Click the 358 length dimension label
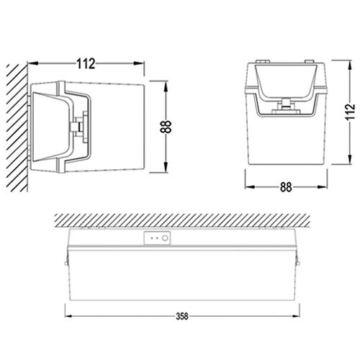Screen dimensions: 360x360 tap(182, 317)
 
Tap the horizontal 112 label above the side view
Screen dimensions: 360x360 tap(86, 64)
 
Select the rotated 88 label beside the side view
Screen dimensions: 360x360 tap(166, 127)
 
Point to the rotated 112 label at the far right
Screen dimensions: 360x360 tap(351, 112)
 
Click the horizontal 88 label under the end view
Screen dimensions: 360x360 tap(286, 187)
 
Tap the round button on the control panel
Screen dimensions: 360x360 tap(165, 238)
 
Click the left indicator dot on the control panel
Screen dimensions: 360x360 tap(151, 238)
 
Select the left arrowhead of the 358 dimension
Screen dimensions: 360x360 tap(68, 317)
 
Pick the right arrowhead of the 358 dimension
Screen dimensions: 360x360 tap(296, 317)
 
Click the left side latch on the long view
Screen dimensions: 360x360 tap(66, 261)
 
